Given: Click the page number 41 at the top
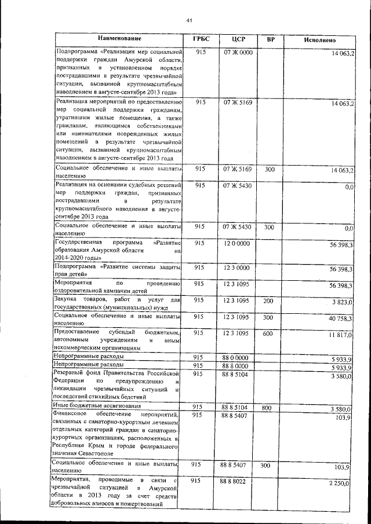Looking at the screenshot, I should tap(189, 21).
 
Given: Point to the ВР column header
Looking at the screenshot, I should tap(270, 40).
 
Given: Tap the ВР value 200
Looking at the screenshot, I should tap(268, 301).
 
